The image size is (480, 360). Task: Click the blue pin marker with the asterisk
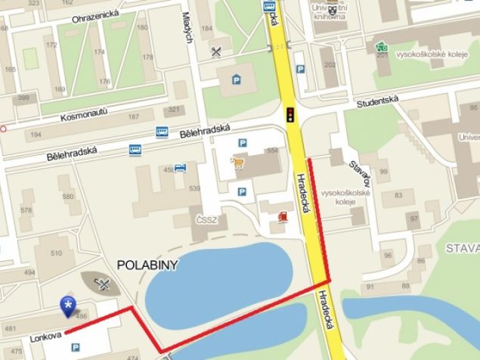[x=69, y=307]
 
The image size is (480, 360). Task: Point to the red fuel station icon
[x=283, y=217]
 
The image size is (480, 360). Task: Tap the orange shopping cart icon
[x=239, y=163]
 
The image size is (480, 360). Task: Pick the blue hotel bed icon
[x=179, y=168]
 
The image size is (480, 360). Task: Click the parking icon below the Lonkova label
[x=74, y=348]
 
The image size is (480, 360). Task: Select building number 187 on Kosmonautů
[x=135, y=117]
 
